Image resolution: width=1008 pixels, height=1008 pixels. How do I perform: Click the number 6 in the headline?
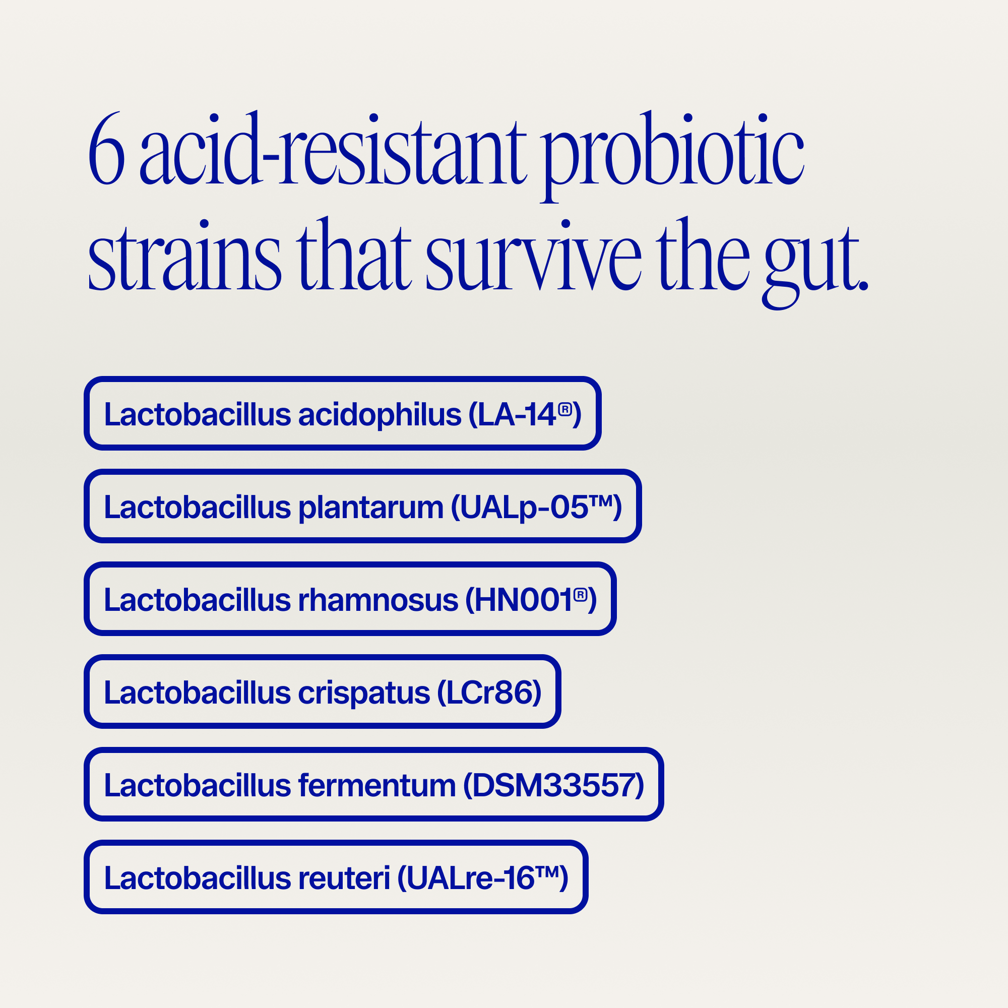(106, 151)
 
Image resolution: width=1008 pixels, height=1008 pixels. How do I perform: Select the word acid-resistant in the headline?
(334, 151)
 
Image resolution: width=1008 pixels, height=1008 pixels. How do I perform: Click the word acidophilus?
(380, 415)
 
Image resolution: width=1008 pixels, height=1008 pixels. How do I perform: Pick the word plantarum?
(370, 508)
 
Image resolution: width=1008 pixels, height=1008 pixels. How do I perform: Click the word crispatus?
(364, 693)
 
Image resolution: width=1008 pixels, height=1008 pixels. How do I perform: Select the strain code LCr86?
(489, 693)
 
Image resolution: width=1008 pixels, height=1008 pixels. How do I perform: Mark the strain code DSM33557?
(553, 786)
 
